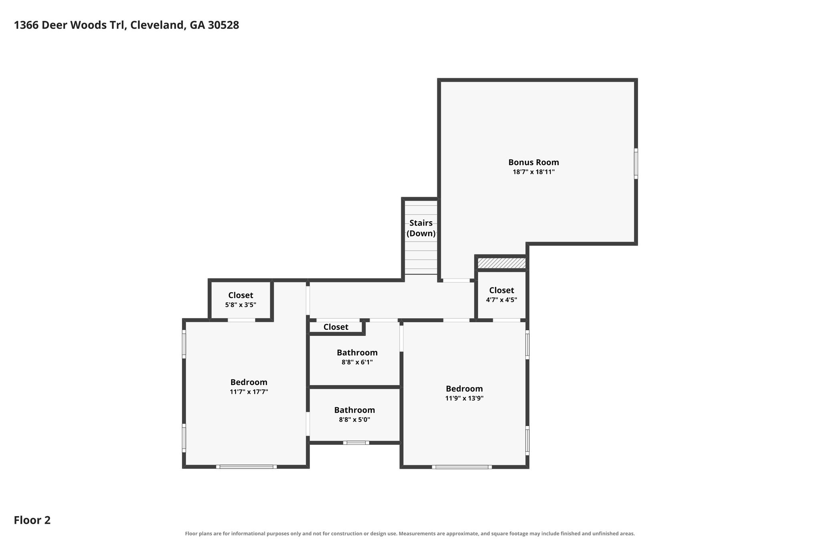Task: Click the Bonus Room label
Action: point(534,162)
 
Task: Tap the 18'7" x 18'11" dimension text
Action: point(534,172)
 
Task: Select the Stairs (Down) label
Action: point(421,228)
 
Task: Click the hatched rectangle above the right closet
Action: point(501,263)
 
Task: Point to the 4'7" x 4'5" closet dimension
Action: point(502,300)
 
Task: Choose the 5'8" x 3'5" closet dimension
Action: point(241,305)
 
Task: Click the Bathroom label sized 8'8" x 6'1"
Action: point(357,353)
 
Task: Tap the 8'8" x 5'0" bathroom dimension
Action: point(355,420)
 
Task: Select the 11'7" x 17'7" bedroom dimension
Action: point(249,392)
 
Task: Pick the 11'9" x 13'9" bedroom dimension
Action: point(464,398)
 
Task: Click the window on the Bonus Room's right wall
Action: point(636,163)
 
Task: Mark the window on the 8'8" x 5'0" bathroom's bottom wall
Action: point(356,443)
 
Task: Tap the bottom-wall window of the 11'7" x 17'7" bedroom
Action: point(246,467)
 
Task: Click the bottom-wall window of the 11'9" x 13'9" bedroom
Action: point(462,467)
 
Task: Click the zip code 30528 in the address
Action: point(223,25)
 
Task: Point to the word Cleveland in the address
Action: point(158,25)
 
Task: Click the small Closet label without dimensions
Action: point(336,327)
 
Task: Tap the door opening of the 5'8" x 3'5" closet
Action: point(241,320)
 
